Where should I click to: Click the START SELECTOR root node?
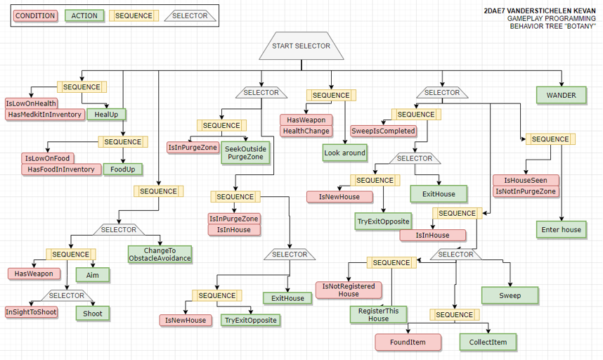point(301,46)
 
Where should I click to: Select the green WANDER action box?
point(561,96)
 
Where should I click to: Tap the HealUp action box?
point(106,114)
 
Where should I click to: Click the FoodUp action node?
point(123,169)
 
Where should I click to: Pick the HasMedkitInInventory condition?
point(45,115)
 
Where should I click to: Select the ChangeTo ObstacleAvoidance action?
point(160,255)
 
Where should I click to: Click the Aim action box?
point(93,275)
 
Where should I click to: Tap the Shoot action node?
point(93,314)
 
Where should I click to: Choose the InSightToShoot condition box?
point(31,311)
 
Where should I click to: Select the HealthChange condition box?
point(306,131)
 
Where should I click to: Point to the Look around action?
point(345,153)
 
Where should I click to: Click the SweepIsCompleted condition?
point(383,131)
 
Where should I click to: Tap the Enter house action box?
point(561,229)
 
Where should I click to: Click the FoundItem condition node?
point(408,342)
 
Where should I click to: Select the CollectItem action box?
point(488,342)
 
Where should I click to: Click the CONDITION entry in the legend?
point(34,15)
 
